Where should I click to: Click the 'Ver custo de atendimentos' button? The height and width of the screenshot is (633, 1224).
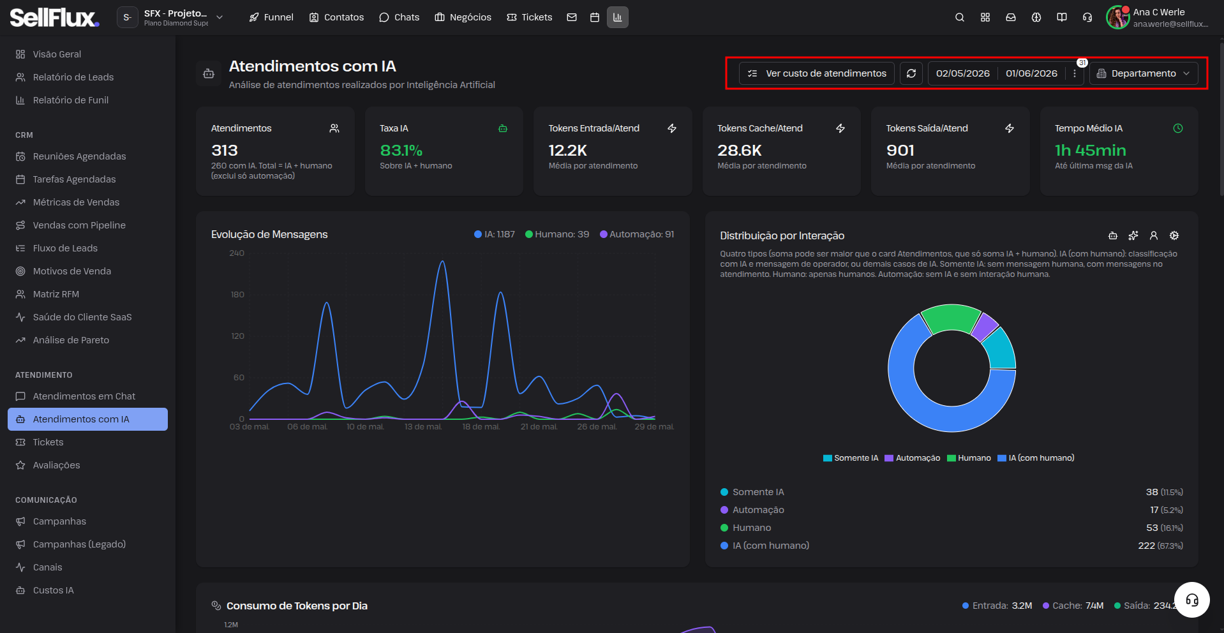coord(817,73)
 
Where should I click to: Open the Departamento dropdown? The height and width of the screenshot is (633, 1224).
coord(1144,73)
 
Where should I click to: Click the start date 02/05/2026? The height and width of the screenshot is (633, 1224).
coord(962,73)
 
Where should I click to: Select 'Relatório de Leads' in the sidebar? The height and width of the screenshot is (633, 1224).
coord(73,77)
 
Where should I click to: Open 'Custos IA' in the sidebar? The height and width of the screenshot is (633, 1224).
coord(53,590)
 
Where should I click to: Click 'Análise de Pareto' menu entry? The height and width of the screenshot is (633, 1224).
coord(71,340)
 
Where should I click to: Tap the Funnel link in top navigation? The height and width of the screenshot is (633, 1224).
coord(271,17)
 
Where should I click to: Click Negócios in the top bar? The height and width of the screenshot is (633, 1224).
coord(463,17)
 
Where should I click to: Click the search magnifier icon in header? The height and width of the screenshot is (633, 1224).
coord(960,17)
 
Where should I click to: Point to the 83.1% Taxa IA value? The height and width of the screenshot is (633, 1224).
coord(401,151)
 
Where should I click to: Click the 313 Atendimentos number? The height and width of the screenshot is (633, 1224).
coord(225,151)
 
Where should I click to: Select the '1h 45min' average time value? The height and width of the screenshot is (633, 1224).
coord(1090,151)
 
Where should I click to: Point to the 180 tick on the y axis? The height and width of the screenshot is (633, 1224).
coord(237,295)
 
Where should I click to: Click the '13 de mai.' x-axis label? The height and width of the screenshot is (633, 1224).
coord(423,427)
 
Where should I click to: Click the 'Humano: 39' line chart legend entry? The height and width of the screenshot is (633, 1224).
coord(556,234)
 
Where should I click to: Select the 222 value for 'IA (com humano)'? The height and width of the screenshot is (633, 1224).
coord(1146,546)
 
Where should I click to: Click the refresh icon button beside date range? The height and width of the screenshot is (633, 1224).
coord(911,73)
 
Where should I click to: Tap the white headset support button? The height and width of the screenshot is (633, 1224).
coord(1191,600)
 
